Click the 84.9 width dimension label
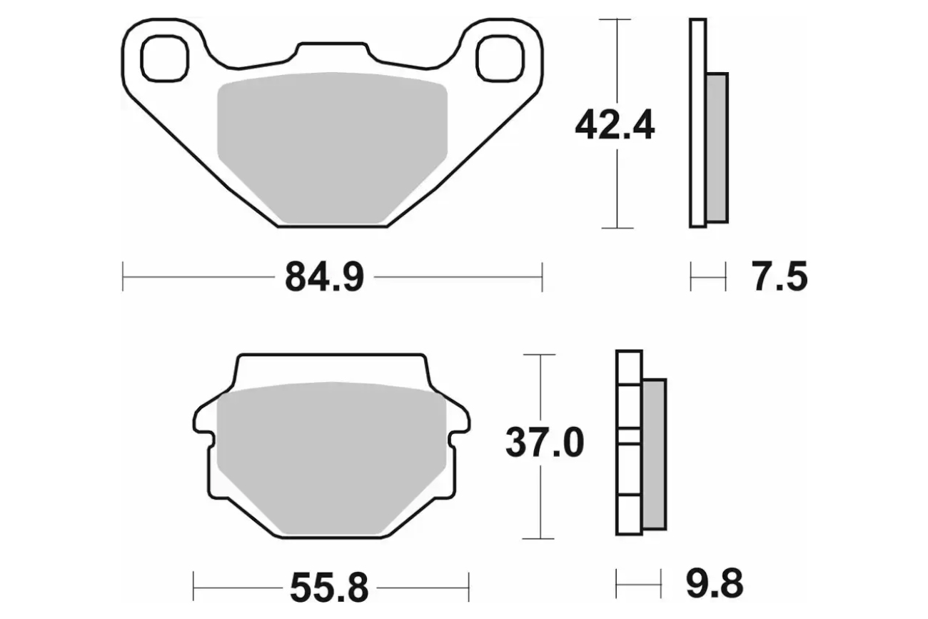(324, 277)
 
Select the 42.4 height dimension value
(615, 125)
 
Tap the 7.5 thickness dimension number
(780, 276)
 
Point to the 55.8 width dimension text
(329, 588)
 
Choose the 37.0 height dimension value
(545, 443)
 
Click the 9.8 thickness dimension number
(715, 584)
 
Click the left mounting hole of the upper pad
(164, 58)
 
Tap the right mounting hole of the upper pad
(500, 58)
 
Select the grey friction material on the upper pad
(332, 149)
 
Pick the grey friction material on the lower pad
(331, 458)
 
